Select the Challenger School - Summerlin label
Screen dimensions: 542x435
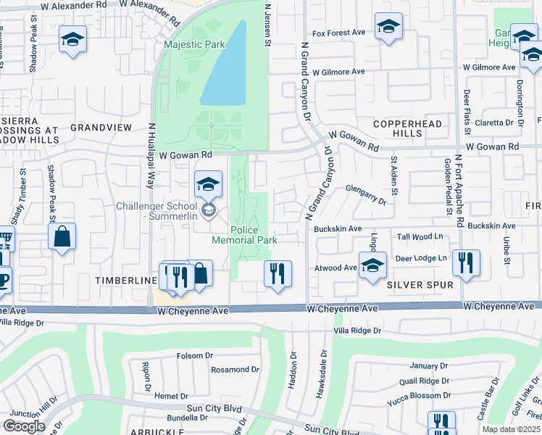(x=159, y=211)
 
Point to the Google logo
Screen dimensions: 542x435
(x=24, y=426)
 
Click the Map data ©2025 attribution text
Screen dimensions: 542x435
(x=512, y=429)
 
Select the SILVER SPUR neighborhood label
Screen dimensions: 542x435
(x=420, y=285)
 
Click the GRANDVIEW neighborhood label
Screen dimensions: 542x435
(x=101, y=128)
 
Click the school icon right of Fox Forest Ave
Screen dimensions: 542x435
(x=389, y=27)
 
